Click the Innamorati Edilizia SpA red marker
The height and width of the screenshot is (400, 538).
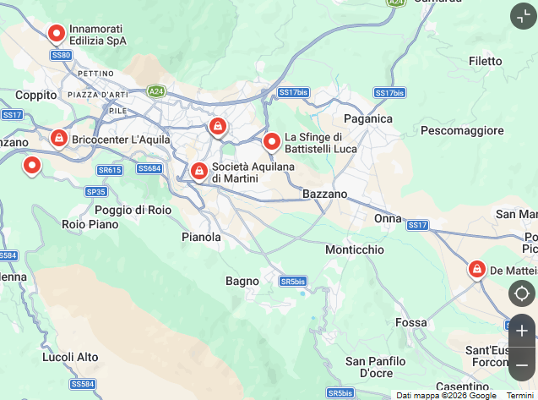coord(57,34)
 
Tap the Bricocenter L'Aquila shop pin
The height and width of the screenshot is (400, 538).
coord(58,138)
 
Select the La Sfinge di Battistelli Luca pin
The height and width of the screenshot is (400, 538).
coord(272,142)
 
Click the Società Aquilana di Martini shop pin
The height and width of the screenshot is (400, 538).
coord(198,172)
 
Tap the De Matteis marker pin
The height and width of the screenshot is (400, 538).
coord(477,270)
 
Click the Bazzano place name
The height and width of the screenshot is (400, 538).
coord(325,195)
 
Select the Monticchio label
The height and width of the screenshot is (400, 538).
coord(355,250)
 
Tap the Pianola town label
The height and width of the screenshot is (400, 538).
coord(201,238)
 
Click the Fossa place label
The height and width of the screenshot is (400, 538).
coord(410,323)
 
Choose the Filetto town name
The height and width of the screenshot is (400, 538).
coord(486,61)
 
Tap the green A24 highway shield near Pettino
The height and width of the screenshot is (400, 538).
coord(155,90)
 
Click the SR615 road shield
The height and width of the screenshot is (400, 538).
coord(110,170)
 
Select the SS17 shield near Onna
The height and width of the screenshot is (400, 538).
coord(417,225)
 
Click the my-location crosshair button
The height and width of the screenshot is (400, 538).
coord(522,293)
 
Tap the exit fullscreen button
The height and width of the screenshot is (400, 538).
coord(523,16)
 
